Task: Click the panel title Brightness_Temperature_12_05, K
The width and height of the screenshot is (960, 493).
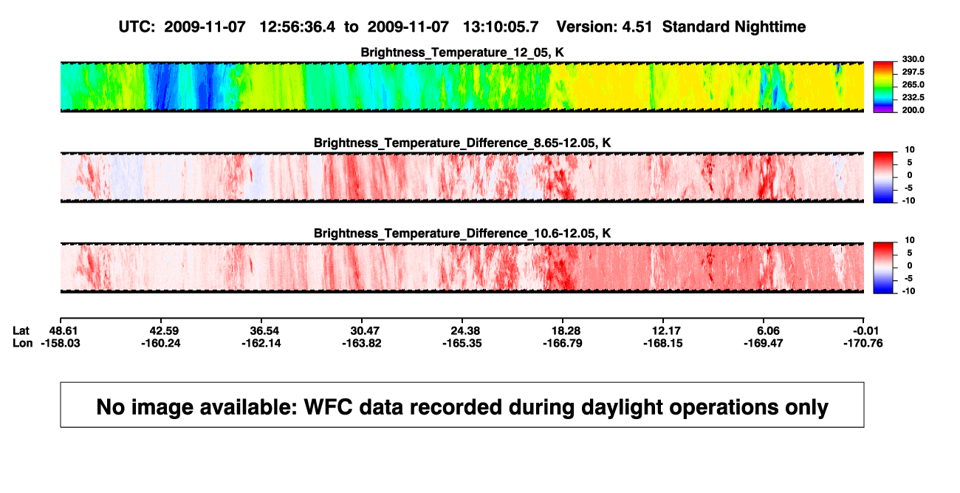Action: coord(462,52)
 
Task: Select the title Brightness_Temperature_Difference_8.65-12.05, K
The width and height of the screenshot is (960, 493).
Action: coord(462,143)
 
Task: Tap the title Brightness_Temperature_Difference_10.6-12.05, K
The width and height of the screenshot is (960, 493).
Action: coord(462,234)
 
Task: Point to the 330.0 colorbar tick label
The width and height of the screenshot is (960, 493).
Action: coord(913,59)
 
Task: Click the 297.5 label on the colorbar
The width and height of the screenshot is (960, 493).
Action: coord(913,72)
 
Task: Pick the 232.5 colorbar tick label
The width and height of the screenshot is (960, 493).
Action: coord(913,98)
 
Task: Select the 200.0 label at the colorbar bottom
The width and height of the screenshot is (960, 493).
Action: coord(913,110)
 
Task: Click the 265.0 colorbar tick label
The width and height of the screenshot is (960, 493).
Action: coord(913,84)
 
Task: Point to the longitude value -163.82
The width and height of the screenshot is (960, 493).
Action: coord(362,343)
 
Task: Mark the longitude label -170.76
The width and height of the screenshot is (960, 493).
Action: coord(863,343)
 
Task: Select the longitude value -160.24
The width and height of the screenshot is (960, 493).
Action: coord(161,343)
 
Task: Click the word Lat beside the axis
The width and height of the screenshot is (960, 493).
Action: coord(21,331)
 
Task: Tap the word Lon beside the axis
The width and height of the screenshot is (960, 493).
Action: coord(23,343)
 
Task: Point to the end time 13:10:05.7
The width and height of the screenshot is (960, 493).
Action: coord(501,27)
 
